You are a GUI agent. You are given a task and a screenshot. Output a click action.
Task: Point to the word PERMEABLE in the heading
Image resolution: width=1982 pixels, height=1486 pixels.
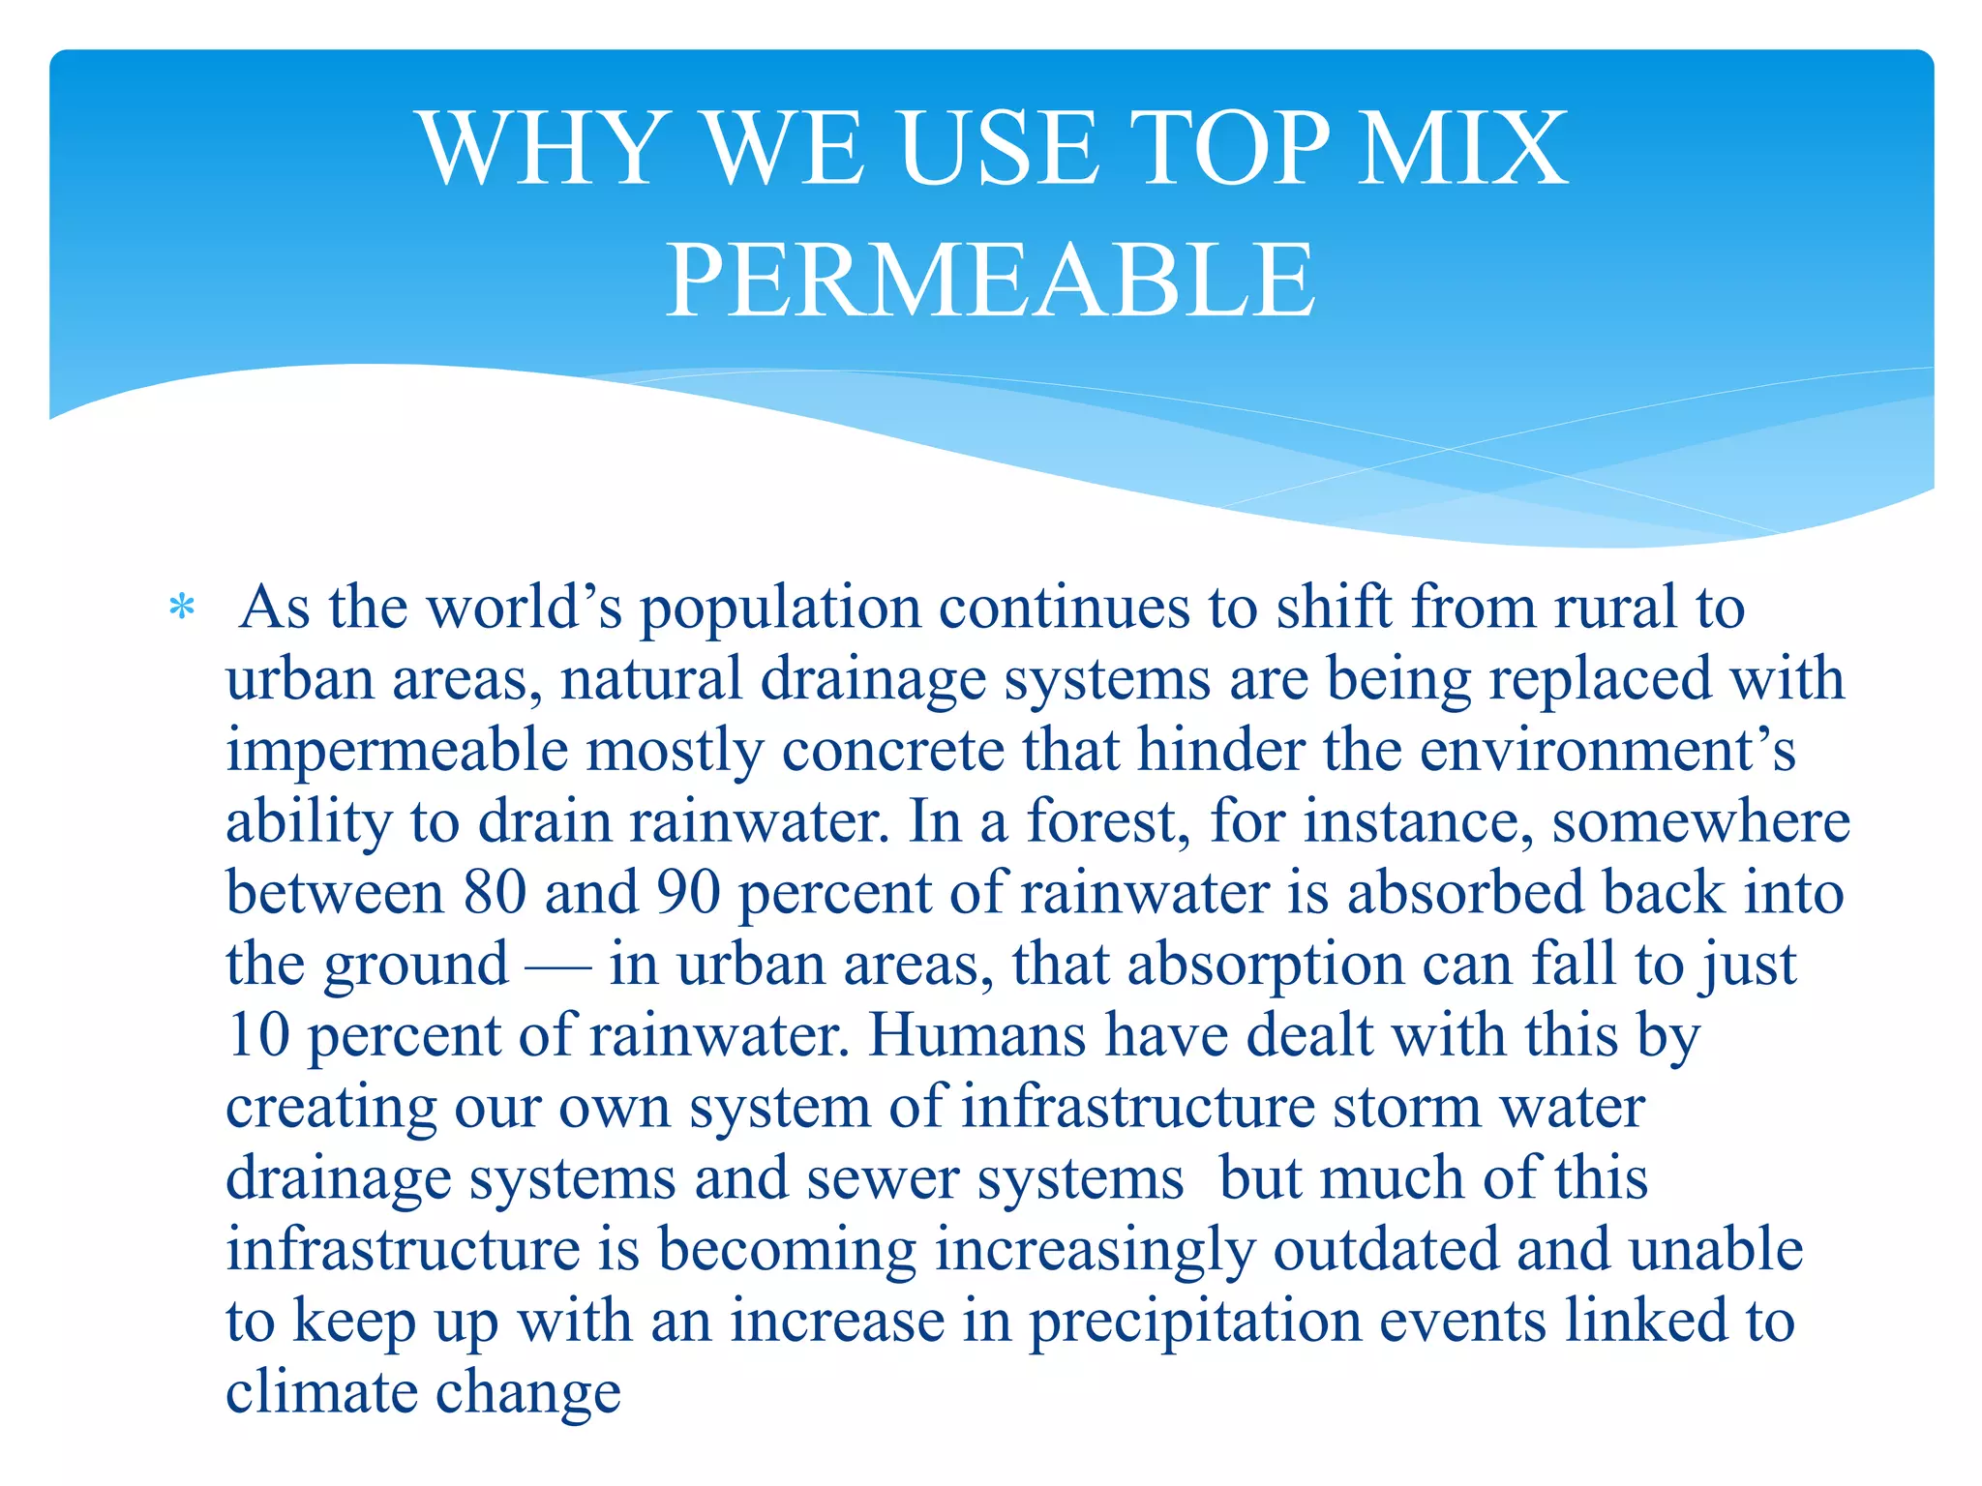tap(990, 281)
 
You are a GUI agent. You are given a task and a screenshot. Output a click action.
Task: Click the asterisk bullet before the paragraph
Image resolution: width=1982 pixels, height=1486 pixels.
tap(181, 609)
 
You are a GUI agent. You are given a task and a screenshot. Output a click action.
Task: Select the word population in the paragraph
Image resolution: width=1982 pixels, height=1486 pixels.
tap(780, 609)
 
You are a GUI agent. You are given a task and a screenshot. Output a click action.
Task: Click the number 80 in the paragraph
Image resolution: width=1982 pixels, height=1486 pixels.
tap(495, 892)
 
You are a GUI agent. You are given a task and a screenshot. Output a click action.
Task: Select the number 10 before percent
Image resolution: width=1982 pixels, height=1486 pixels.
tap(258, 1035)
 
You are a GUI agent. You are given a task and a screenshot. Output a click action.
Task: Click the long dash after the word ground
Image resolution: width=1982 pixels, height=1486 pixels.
tap(558, 966)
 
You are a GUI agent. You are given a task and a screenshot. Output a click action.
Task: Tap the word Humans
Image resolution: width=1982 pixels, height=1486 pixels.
tap(977, 1035)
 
